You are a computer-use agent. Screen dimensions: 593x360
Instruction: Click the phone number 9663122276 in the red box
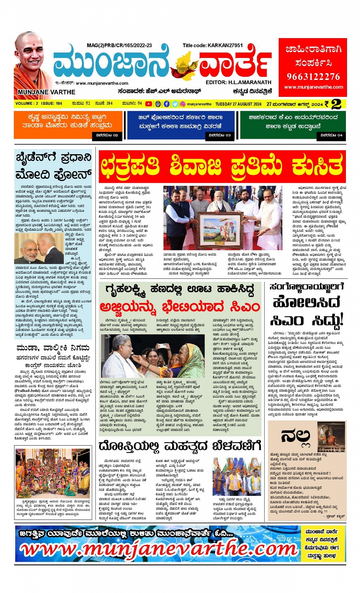[x=313, y=77]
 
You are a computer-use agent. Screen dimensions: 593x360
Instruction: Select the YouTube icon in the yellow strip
[x=149, y=104]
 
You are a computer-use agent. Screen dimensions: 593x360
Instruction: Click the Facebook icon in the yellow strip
[x=167, y=104]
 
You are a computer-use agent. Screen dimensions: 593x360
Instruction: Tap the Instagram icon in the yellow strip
[x=183, y=104]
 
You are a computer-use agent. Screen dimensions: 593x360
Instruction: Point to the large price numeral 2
[x=336, y=104]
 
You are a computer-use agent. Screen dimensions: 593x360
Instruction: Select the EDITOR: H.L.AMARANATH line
[x=238, y=82]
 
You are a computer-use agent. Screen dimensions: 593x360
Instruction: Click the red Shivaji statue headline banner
[x=222, y=166]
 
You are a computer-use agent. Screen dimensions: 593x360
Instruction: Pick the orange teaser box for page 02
[x=68, y=124]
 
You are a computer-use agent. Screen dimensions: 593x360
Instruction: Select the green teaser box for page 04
[x=293, y=124]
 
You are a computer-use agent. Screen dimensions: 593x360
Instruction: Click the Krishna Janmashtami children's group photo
[x=53, y=473]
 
